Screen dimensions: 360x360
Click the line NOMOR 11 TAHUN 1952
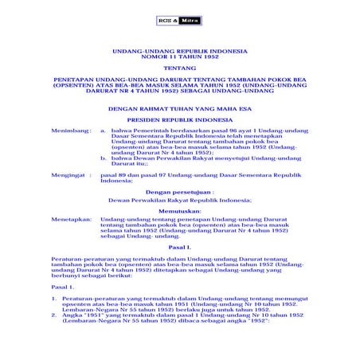point(179,58)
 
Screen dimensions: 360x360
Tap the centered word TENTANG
point(179,69)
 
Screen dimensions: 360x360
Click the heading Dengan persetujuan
point(179,192)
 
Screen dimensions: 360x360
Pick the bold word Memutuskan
point(179,210)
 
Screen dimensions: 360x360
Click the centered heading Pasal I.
point(179,248)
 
